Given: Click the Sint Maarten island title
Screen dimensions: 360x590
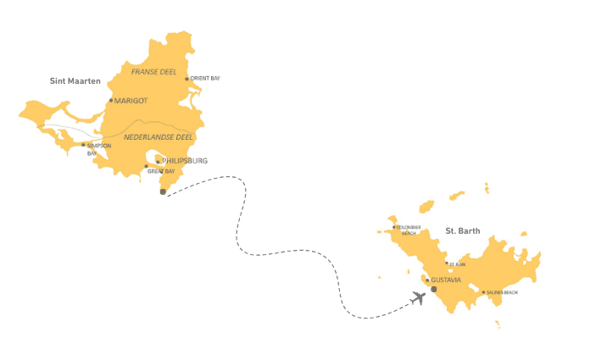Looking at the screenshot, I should (75, 81).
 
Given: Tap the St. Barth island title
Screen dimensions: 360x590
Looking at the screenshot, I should (463, 231).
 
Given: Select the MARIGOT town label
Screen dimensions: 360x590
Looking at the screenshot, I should (131, 101).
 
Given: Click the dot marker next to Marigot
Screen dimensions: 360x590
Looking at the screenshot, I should (110, 101).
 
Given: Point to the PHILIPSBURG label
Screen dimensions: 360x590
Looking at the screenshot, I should (184, 160).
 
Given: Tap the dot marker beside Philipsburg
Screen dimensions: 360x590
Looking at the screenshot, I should (158, 161).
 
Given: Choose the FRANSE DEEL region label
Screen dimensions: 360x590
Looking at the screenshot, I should (154, 72).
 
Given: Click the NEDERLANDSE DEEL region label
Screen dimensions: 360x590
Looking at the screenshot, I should (156, 137).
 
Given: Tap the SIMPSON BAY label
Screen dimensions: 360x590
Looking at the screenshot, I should (98, 149).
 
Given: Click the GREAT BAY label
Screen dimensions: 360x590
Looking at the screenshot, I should (161, 171).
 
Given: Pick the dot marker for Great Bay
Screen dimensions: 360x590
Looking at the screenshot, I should (146, 166).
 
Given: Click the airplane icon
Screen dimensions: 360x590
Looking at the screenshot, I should (417, 298).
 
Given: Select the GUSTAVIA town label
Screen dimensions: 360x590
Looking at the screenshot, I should (446, 280).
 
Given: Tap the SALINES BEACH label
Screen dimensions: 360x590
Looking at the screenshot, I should (502, 293).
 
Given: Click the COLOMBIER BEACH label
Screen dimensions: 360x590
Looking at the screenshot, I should (409, 230).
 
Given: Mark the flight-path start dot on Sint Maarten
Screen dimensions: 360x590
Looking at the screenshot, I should (163, 191).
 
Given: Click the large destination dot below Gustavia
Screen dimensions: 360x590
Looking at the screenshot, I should (433, 290).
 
